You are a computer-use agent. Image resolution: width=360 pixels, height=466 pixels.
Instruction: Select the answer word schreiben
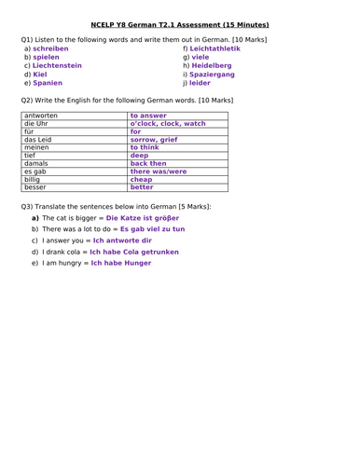click(x=50, y=48)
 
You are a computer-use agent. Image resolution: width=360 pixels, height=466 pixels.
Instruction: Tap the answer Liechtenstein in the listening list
click(x=58, y=65)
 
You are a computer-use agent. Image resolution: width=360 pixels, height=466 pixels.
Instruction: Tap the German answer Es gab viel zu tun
click(x=152, y=228)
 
